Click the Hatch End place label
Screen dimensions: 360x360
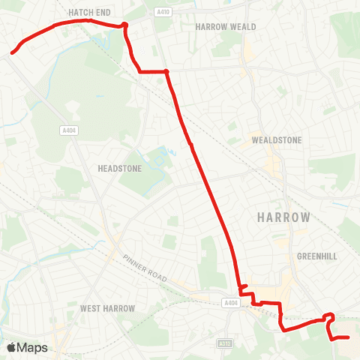coord(91,13)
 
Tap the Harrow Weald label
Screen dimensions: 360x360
coord(226,26)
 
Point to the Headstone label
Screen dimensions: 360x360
coord(119,169)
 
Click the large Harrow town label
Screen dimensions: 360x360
coord(283,217)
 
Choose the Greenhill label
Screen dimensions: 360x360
coord(316,256)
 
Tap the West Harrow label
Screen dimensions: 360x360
coord(107,308)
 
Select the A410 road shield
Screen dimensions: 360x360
coord(163,11)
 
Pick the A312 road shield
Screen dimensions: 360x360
coord(223,343)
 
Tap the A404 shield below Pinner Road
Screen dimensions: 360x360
coord(229,303)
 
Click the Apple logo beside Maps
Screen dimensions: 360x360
coord(12,347)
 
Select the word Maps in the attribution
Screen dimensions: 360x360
coord(33,347)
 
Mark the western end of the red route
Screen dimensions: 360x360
coord(12,53)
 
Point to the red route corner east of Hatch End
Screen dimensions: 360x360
coord(124,25)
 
